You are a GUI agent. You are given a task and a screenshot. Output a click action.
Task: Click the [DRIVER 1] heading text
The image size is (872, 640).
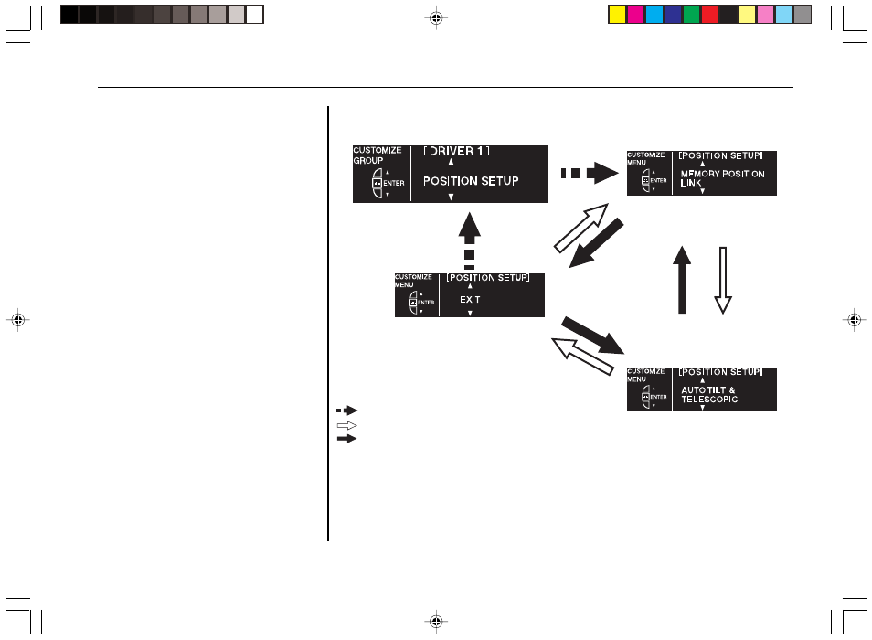pyautogui.click(x=457, y=151)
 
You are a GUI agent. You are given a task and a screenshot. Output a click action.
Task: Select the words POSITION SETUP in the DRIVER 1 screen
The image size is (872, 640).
pyautogui.click(x=471, y=181)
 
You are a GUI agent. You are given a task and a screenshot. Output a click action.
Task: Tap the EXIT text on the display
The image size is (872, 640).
pyautogui.click(x=470, y=300)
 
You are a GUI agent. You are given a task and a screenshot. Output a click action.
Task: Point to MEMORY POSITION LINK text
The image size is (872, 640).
pyautogui.click(x=722, y=178)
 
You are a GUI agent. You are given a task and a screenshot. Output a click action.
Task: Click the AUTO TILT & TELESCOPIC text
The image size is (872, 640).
pyautogui.click(x=709, y=395)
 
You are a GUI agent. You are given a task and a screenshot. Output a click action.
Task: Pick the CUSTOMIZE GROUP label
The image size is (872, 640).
pyautogui.click(x=378, y=155)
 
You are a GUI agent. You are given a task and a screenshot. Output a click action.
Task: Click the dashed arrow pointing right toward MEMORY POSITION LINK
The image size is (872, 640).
pyautogui.click(x=590, y=173)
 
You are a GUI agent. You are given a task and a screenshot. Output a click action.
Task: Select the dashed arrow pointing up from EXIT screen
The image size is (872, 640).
pyautogui.click(x=470, y=240)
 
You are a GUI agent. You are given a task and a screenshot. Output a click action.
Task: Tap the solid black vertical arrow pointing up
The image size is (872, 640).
pyautogui.click(x=682, y=280)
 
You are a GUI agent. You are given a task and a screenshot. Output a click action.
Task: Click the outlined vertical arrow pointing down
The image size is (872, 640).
pyautogui.click(x=723, y=281)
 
